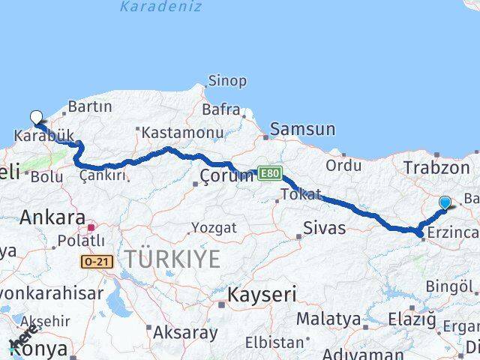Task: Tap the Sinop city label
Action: (226, 81)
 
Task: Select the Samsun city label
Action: (302, 129)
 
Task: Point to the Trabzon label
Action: (436, 167)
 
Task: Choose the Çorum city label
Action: (226, 176)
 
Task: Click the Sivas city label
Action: (325, 227)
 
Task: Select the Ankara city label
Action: (52, 217)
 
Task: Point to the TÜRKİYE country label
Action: (172, 259)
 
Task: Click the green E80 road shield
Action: (270, 173)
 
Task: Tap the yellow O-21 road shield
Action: (97, 260)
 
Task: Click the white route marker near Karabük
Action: (36, 117)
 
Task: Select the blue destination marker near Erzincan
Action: (445, 202)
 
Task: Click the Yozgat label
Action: (214, 227)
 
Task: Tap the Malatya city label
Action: (328, 319)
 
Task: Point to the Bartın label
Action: (89, 106)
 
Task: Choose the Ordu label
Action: (343, 165)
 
